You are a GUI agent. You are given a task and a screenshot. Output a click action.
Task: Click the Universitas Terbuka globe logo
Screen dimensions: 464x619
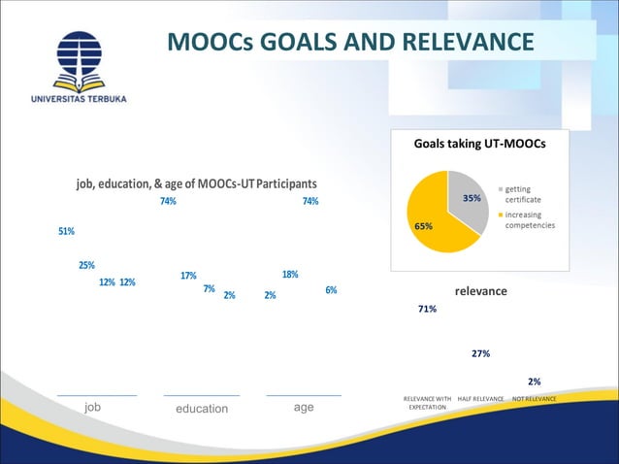78,58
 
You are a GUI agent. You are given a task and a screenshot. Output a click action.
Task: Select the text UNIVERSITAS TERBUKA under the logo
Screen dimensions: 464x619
78,98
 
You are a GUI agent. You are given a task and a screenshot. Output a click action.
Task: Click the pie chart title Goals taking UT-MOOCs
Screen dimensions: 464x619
479,143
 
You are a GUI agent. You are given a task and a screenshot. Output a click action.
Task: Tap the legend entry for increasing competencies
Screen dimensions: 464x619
529,219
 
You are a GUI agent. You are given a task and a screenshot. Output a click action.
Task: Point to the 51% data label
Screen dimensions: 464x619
67,231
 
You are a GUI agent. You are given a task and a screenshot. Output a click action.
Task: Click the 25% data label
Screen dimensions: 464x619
86,265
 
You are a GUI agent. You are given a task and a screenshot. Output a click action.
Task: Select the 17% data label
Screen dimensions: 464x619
189,275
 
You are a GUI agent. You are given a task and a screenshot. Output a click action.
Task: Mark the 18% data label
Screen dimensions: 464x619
289,274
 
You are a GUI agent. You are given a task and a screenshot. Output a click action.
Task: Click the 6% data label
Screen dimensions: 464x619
331,290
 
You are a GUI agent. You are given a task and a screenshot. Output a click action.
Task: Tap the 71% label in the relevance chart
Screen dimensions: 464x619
427,309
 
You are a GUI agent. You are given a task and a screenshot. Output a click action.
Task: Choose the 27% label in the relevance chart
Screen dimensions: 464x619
480,353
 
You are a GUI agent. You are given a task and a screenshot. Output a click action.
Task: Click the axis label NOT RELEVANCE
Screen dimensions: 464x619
534,399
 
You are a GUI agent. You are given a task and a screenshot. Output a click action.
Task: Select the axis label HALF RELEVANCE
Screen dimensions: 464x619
480,399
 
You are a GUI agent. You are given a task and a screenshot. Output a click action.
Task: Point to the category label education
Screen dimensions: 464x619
202,409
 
